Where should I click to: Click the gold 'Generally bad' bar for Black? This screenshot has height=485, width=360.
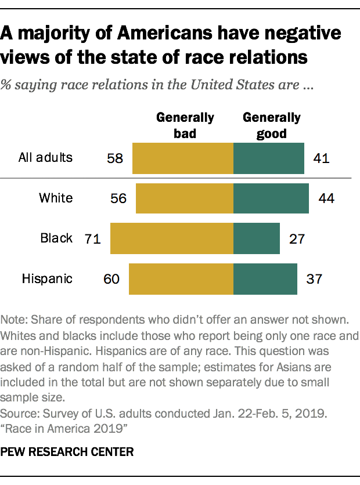(x=171, y=238)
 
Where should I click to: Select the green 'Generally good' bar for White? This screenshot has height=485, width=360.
(x=271, y=198)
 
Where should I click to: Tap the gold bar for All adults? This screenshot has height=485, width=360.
(x=182, y=158)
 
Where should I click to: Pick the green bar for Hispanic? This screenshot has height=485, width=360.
(x=265, y=278)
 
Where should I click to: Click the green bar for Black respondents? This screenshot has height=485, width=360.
(x=256, y=238)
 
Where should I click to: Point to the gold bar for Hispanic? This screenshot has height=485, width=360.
(x=181, y=278)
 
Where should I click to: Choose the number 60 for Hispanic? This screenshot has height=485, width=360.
(x=111, y=279)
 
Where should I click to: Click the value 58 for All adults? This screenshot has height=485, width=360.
(x=115, y=158)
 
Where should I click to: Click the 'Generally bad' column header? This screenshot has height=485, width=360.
(x=185, y=125)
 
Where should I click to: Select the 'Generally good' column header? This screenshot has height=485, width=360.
(x=272, y=125)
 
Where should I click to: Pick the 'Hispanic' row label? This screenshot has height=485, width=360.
(x=47, y=278)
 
